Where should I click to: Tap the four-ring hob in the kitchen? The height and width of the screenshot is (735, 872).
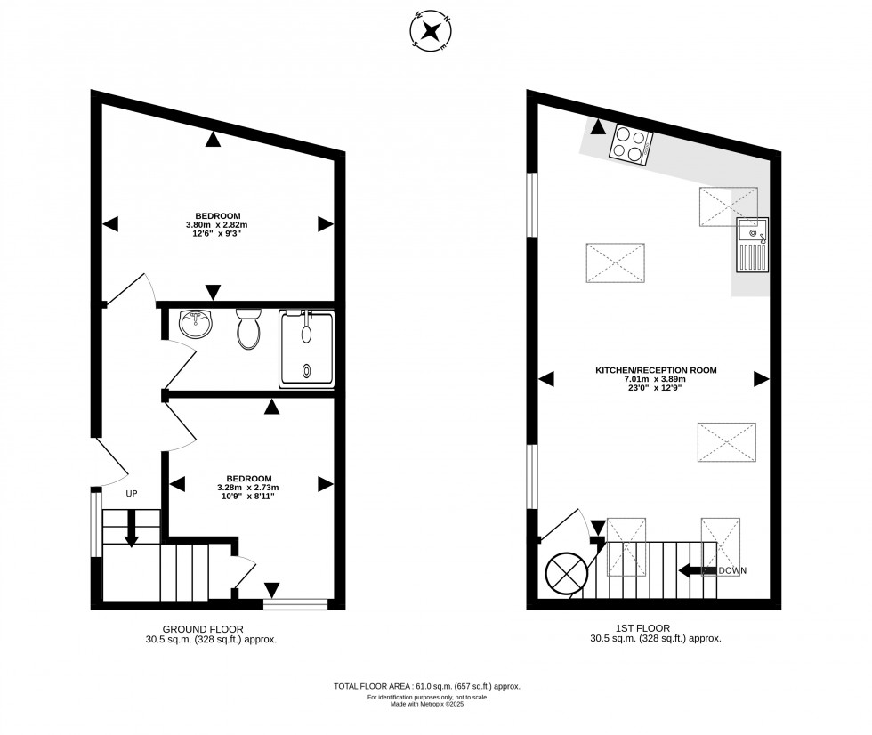click(630, 145)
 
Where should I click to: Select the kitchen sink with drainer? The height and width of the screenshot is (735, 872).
click(752, 246)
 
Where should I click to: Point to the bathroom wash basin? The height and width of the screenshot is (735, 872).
click(196, 325)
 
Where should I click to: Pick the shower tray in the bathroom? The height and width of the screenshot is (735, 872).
click(307, 349)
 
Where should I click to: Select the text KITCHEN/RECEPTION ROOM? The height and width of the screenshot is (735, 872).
click(656, 370)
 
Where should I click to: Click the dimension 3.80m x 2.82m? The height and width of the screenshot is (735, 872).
click(218, 225)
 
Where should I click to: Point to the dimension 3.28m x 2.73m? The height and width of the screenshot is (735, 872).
click(248, 488)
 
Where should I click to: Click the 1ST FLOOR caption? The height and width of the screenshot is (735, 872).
click(654, 627)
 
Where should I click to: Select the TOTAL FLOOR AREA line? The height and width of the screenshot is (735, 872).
click(426, 686)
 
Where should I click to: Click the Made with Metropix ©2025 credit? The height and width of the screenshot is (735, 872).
click(426, 704)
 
